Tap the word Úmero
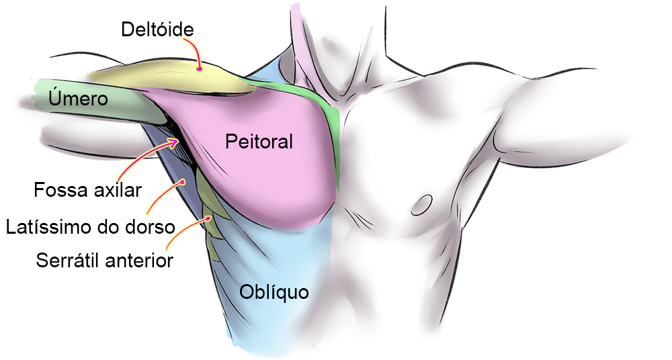tap(78, 99)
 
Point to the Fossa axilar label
tap(88, 190)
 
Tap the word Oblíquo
tap(274, 292)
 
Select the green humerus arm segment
tap(94, 101)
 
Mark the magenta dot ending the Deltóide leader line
tap(200, 68)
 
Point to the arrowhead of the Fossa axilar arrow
tap(179, 141)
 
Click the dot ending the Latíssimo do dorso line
tap(183, 181)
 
